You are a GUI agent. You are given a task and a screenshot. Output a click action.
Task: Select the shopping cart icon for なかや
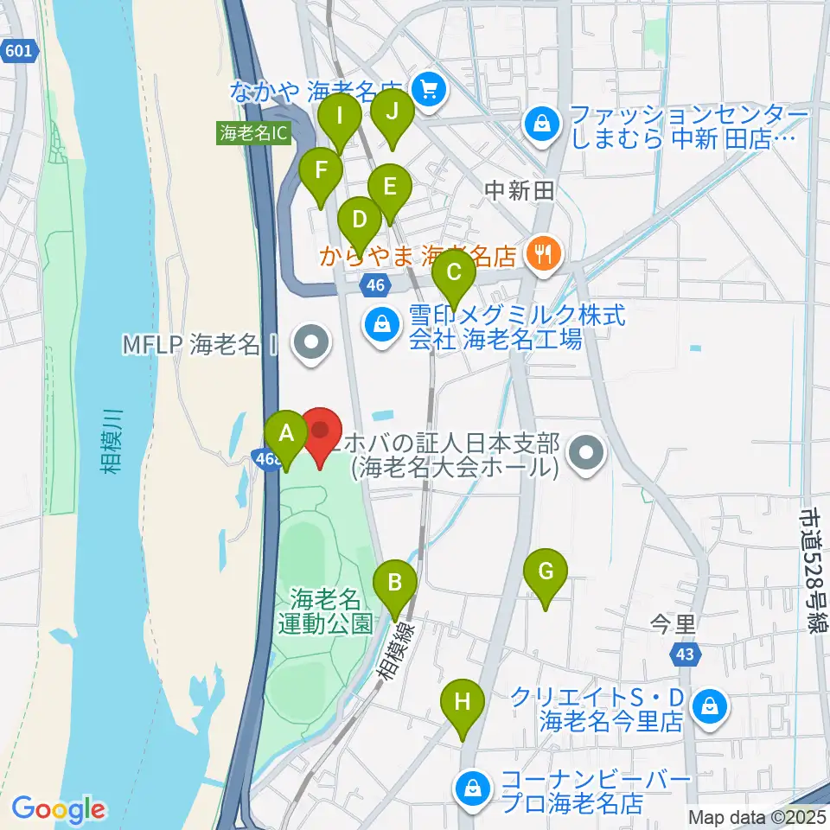click(427, 86)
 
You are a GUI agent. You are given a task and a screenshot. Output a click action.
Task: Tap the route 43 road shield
click(686, 656)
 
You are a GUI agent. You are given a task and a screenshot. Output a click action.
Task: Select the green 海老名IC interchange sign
click(253, 133)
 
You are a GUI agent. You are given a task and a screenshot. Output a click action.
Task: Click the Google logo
click(58, 810)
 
